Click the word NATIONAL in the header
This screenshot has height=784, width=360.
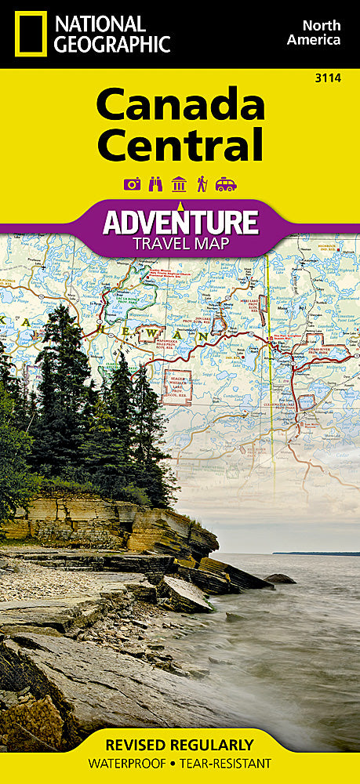point(100,23)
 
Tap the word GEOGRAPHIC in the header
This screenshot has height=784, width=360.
point(112,44)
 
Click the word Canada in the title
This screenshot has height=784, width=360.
point(180,107)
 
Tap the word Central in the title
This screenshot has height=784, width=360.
point(180,145)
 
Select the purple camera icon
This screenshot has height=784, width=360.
point(132,183)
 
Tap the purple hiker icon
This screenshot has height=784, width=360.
point(202,183)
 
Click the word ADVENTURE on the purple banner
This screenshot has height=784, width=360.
point(180,222)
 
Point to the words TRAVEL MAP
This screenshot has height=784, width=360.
point(180,243)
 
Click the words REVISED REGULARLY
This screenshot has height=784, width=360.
point(180,745)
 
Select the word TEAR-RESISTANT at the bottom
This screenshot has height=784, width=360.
point(227,763)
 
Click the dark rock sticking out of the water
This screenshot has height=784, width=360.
point(280,579)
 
